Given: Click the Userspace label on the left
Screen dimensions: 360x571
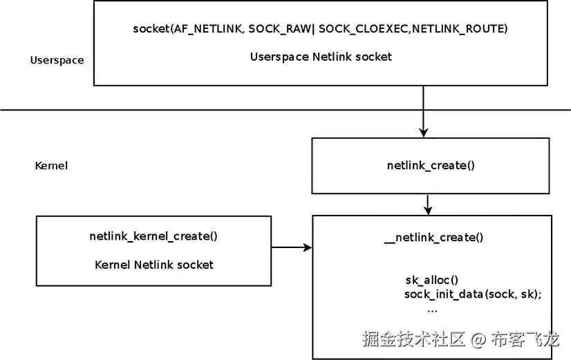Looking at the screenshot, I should [57, 60].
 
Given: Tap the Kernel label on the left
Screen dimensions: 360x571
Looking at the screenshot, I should [50, 166].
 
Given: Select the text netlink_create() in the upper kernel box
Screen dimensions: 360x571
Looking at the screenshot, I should [431, 166].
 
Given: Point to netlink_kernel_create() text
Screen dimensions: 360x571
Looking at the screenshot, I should [153, 236].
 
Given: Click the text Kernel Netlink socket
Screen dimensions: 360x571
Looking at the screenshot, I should [153, 264].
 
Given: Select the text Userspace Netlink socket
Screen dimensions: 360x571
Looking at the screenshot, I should [321, 57].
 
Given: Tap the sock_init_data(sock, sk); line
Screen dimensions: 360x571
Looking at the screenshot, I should [472, 294].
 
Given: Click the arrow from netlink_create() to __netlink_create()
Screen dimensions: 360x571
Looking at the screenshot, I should [428, 205].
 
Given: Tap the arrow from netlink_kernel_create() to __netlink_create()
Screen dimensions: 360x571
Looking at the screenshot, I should [291, 247].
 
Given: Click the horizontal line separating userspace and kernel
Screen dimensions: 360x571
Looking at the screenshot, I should [207, 110].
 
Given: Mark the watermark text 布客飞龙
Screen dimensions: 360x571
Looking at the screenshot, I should [525, 339].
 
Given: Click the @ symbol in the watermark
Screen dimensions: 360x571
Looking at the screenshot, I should [478, 340].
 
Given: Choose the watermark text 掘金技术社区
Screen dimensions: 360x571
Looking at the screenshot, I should [415, 339].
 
